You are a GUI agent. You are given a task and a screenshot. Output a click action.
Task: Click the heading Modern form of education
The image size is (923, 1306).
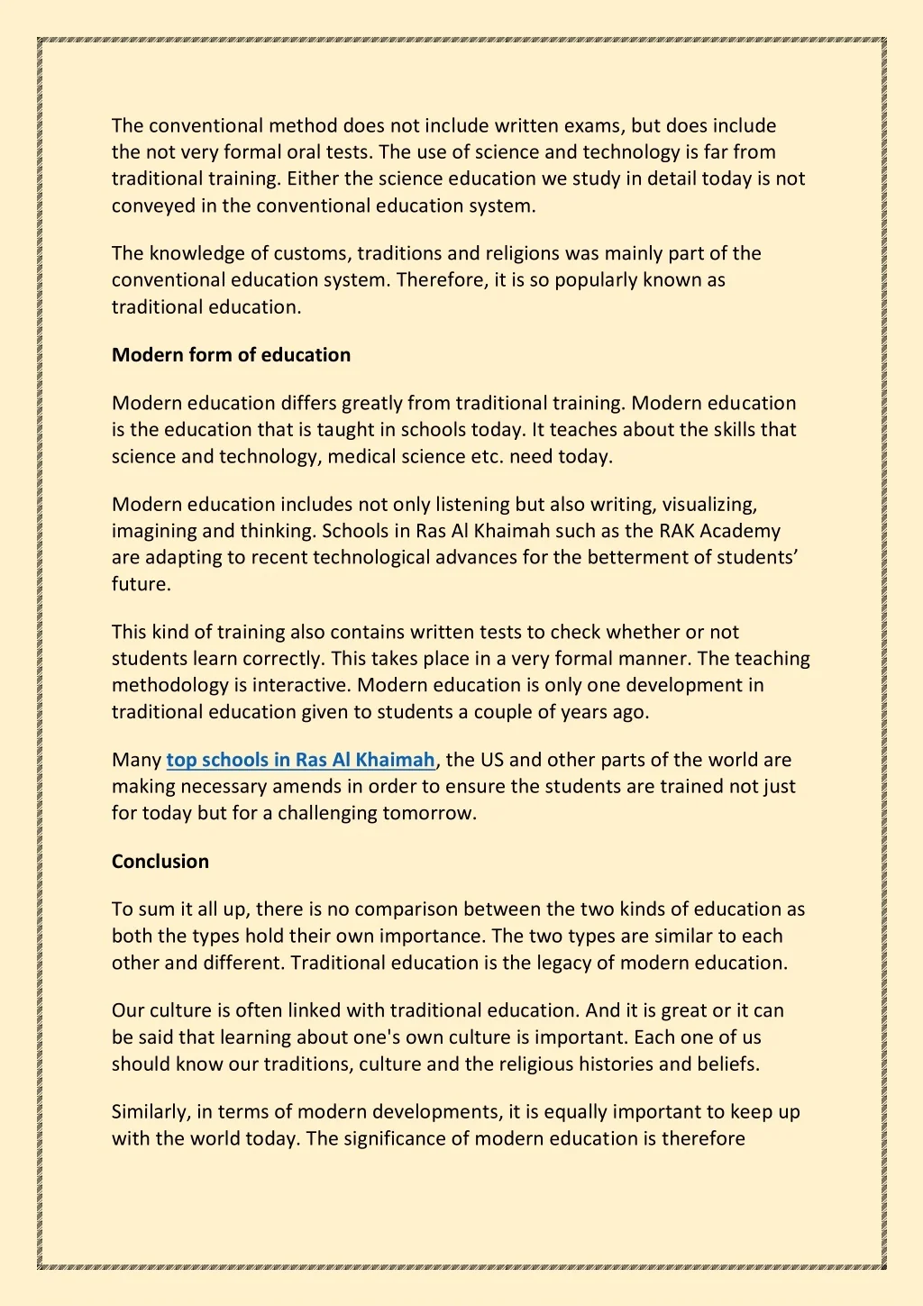(x=231, y=355)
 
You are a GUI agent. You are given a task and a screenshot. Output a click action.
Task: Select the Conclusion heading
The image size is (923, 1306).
(x=160, y=862)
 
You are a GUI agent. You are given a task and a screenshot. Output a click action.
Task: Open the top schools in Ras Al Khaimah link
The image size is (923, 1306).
(x=300, y=760)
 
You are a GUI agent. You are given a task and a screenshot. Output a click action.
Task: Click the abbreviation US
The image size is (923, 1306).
(x=492, y=760)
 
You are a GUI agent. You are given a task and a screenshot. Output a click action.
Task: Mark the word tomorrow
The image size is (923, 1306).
(x=428, y=813)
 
